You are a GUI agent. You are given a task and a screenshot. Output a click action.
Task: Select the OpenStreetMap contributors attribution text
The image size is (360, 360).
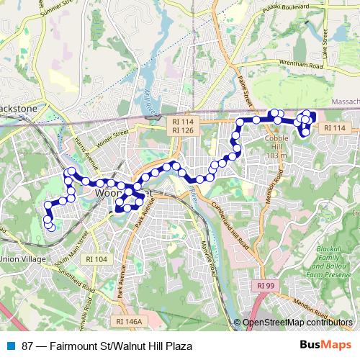(x=297, y=323)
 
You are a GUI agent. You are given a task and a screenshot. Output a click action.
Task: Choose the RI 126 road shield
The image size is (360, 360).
(x=183, y=131)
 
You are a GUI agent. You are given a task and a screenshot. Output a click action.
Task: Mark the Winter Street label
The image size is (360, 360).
(x=111, y=136)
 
